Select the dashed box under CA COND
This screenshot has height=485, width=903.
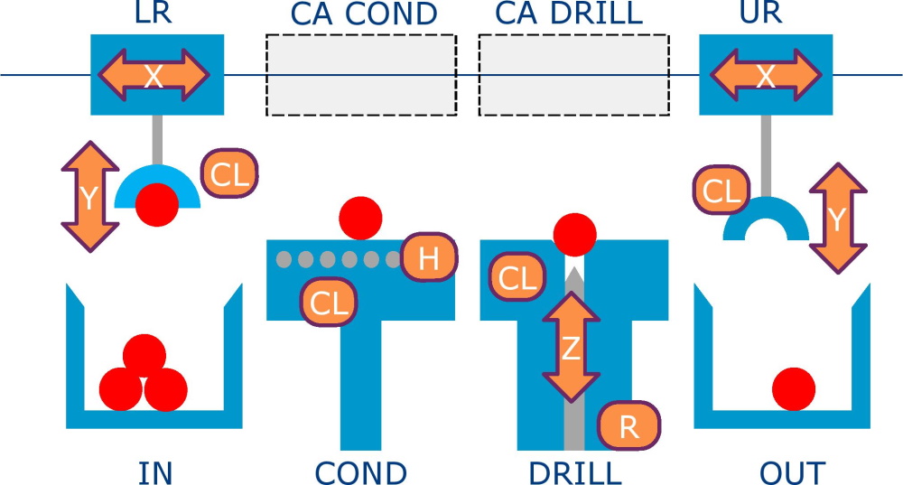click(360, 75)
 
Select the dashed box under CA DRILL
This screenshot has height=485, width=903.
click(573, 75)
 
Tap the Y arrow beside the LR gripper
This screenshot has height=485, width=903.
click(89, 197)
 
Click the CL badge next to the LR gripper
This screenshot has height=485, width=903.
click(230, 173)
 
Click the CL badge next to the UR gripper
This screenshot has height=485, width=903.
click(721, 191)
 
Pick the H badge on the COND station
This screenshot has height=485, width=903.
click(429, 259)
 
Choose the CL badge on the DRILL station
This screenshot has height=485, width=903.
click(517, 278)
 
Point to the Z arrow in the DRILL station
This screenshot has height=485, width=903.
click(571, 348)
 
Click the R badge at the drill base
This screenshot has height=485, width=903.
click(628, 427)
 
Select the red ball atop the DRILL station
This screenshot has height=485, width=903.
click(574, 235)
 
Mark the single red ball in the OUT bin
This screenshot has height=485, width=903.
click(794, 389)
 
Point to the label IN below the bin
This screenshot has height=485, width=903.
click(155, 472)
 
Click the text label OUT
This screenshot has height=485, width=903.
click(792, 472)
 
